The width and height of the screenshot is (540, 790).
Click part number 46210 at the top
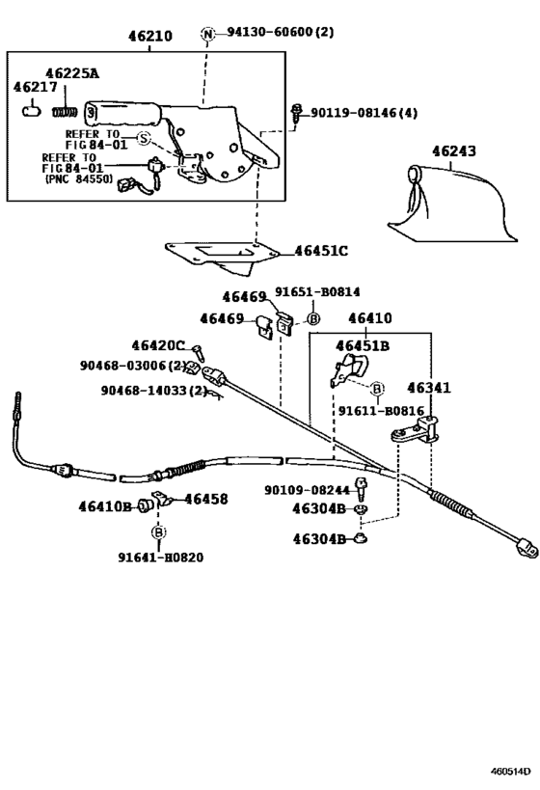[150, 37]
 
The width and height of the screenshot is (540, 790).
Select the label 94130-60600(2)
[280, 33]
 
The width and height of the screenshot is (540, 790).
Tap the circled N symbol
[207, 34]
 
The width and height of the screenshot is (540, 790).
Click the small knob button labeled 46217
[30, 110]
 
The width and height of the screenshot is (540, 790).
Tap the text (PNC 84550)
[77, 179]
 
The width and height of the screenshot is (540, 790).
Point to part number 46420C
[158, 345]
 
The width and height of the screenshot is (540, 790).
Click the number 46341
[427, 388]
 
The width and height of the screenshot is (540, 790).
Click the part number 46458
[206, 499]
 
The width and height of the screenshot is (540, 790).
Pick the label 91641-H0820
[160, 558]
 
